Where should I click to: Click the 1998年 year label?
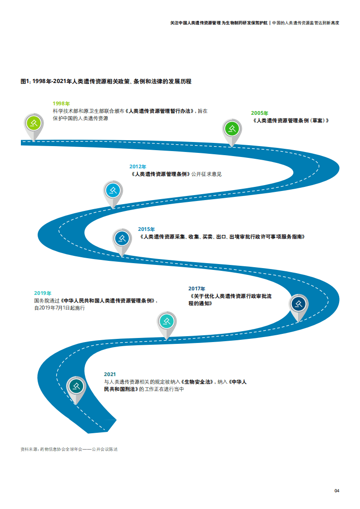(61, 103)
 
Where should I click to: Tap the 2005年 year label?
(260, 113)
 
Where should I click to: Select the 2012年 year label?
(138, 167)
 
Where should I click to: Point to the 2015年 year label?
(146, 230)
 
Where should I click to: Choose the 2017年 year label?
(197, 289)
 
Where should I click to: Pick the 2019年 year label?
(43, 293)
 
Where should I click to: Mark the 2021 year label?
(110, 374)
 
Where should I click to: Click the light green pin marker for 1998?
(33, 122)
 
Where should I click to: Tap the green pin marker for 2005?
(232, 128)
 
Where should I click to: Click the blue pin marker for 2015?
(122, 238)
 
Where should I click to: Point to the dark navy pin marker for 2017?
(299, 304)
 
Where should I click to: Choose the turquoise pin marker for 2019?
(167, 321)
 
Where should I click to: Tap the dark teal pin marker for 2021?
(76, 386)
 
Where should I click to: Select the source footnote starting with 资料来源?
(69, 449)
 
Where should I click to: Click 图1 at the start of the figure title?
(25, 82)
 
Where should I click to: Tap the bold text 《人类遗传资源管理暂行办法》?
(159, 111)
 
